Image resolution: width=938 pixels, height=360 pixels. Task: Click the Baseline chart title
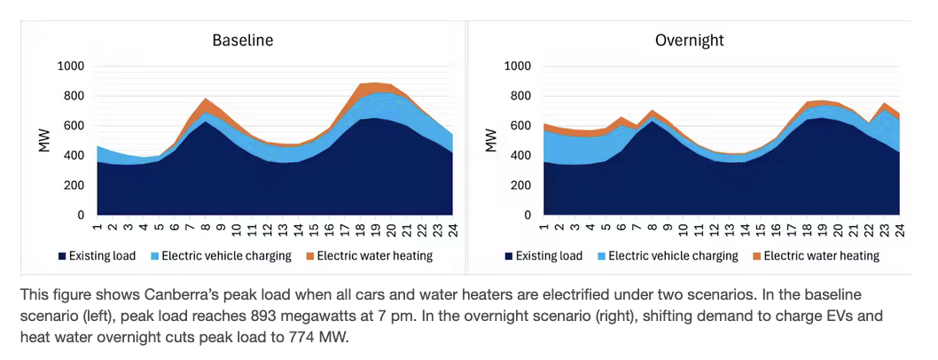click(242, 41)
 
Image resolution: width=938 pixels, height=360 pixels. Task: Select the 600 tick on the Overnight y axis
click(520, 126)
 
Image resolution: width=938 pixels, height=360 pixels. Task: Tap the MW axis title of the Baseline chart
click(43, 140)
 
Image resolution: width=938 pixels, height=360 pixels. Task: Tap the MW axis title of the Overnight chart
click(490, 140)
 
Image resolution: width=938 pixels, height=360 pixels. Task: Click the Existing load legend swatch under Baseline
click(63, 256)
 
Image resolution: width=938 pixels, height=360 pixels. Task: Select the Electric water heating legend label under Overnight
click(822, 256)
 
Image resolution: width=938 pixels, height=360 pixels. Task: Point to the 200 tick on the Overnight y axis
click(520, 185)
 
